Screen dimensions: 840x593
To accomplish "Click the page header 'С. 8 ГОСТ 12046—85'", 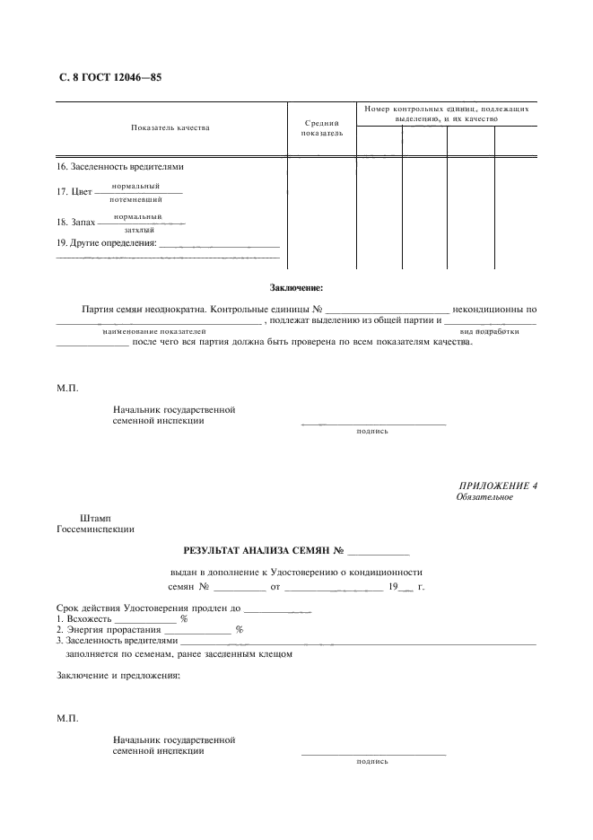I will [110, 77].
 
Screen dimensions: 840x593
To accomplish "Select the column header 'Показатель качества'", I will [170, 127].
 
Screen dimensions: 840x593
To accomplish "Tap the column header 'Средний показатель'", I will [321, 127].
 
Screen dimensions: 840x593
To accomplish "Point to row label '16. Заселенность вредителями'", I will [120, 166].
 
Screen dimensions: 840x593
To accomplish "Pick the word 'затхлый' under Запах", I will [139, 230].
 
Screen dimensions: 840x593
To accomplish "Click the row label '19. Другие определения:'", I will [107, 242].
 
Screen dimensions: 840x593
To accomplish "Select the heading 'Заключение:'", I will [296, 287].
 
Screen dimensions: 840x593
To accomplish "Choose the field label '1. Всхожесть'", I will [84, 619].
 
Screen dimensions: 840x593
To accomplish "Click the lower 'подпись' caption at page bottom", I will [372, 760].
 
